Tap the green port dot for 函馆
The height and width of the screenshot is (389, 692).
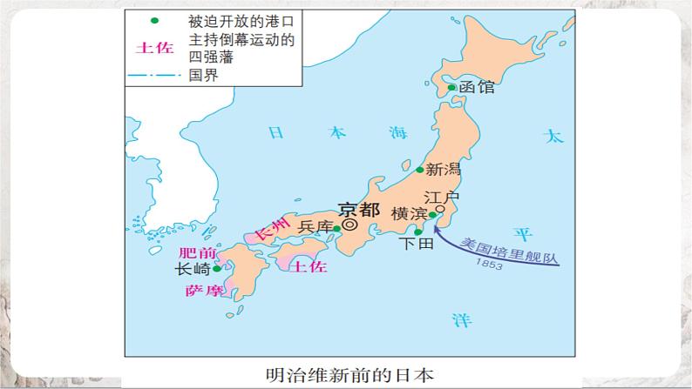(451, 87)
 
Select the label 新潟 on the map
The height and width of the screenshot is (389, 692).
(442, 170)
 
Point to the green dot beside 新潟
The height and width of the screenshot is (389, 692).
(419, 171)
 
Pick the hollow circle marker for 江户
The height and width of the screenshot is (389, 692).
(440, 209)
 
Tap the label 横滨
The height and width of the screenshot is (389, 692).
(409, 214)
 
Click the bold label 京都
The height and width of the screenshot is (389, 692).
(358, 209)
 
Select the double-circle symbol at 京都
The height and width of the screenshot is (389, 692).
(349, 224)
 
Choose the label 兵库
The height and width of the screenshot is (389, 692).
(315, 227)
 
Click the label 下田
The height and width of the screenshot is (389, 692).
(414, 245)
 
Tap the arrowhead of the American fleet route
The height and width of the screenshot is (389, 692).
(437, 220)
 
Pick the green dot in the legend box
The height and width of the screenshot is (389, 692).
(154, 20)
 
